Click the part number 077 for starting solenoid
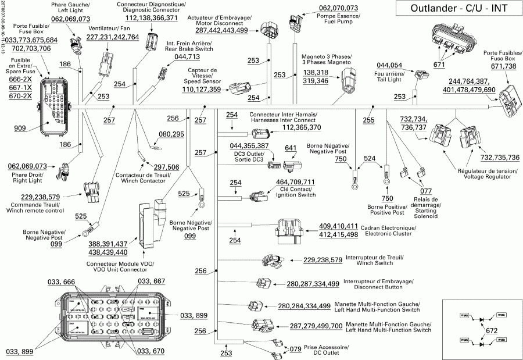[x=425, y=190]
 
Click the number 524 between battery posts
[x=370, y=158]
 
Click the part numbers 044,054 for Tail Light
[x=389, y=65]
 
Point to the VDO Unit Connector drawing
[x=150, y=224]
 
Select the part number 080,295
[x=171, y=134]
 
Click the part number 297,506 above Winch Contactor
[x=166, y=167]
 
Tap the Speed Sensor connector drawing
[x=239, y=90]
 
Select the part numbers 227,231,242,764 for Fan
[x=112, y=37]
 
